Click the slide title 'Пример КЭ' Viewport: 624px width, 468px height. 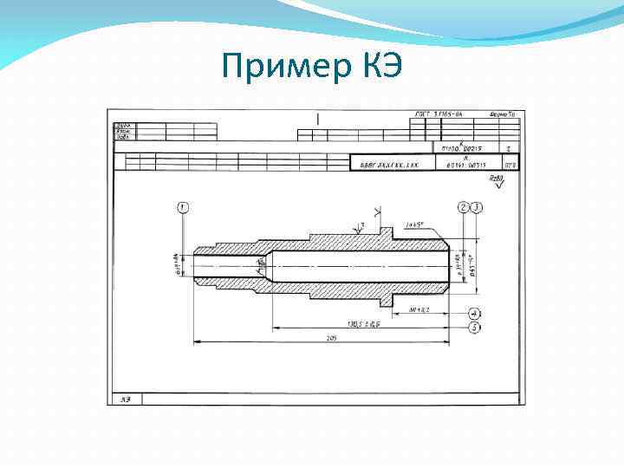[311, 65]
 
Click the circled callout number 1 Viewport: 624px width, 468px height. [182, 207]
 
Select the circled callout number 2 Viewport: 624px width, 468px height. [464, 207]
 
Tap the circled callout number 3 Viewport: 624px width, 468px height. [477, 207]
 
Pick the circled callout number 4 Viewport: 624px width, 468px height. [474, 313]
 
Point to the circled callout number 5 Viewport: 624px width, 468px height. [474, 328]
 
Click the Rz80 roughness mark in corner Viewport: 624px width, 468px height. [496, 179]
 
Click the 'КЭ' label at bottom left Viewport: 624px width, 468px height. [126, 399]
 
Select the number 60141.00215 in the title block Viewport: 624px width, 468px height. [466, 164]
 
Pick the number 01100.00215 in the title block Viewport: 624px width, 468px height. [466, 149]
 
